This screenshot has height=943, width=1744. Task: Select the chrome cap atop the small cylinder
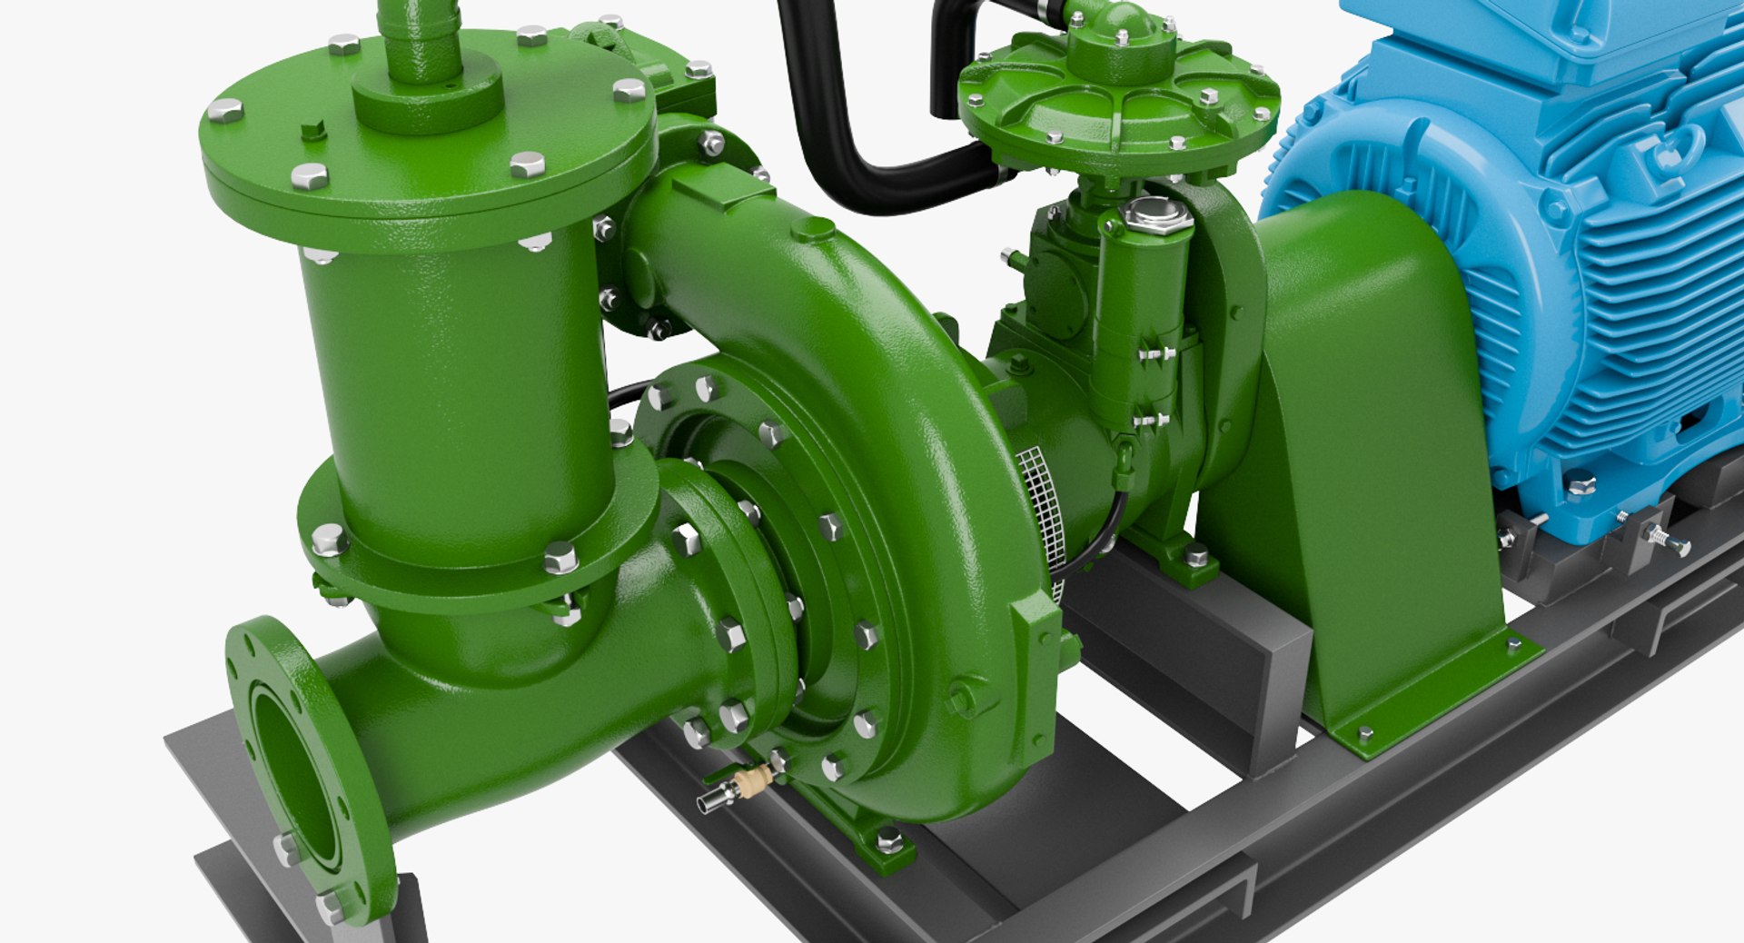tap(1155, 215)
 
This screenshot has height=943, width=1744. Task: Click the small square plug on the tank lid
tap(314, 130)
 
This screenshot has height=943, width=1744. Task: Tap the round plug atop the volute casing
tap(812, 228)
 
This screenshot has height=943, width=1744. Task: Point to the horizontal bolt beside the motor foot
tap(1667, 541)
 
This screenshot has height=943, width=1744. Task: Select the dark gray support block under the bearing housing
tap(1199, 654)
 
